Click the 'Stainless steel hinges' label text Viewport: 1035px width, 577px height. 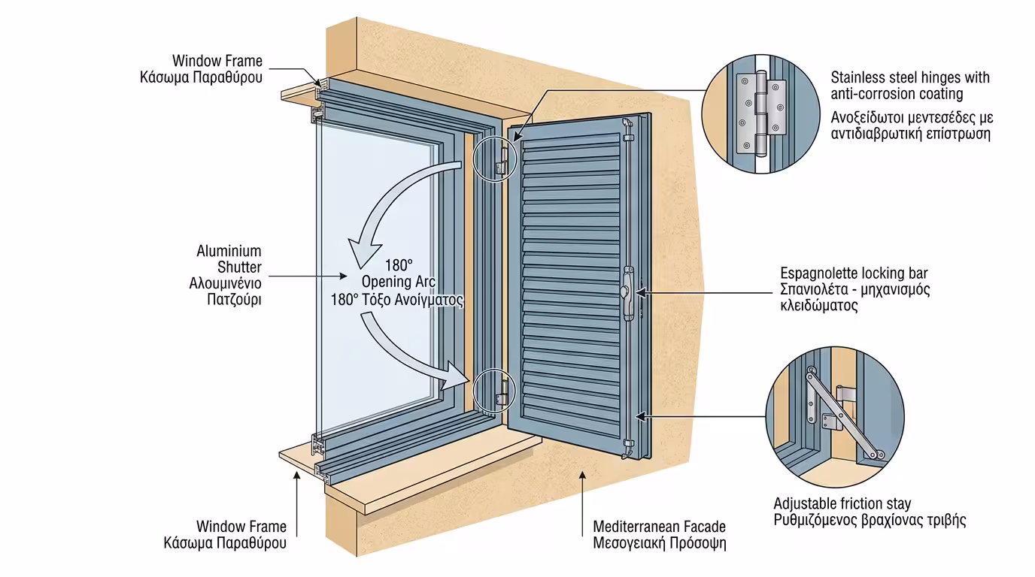910,86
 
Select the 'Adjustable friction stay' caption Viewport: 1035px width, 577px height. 842,503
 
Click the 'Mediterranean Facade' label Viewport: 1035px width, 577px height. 659,527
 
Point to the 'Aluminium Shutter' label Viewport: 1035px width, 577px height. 229,259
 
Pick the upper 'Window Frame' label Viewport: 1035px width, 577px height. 217,60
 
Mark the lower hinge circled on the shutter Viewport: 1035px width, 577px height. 500,391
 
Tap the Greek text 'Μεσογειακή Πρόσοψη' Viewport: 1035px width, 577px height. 659,542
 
